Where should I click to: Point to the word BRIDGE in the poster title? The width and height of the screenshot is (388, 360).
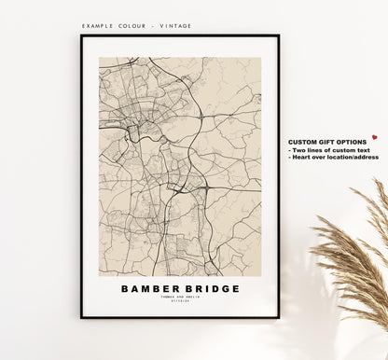tap(211, 289)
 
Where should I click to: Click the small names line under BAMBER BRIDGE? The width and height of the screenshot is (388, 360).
tap(180, 298)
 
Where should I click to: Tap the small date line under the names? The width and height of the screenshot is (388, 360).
tap(180, 303)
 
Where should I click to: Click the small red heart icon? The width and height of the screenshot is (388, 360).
tap(374, 136)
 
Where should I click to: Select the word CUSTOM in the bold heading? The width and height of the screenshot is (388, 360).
tap(306, 141)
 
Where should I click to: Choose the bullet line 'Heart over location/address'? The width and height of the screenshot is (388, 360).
tap(335, 158)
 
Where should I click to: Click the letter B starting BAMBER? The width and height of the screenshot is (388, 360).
tap(125, 289)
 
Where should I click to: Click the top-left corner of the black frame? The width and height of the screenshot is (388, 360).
tap(81, 36)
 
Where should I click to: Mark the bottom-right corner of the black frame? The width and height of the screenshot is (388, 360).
tap(278, 317)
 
